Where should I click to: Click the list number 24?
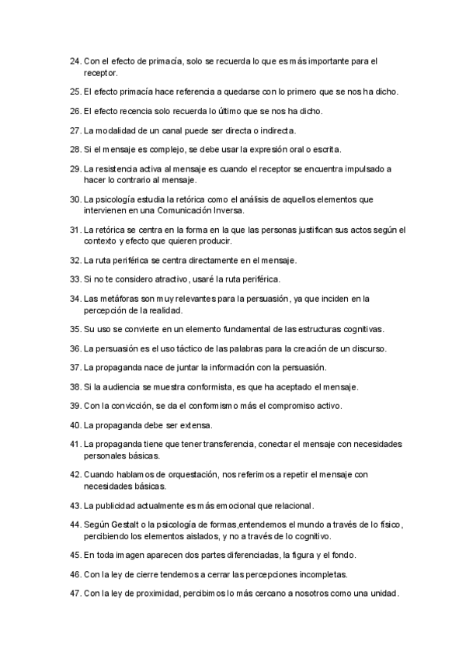click(x=75, y=61)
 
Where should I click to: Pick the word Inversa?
click(x=225, y=210)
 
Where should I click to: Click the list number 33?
click(x=75, y=279)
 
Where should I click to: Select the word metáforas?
click(x=121, y=298)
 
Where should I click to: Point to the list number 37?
click(x=75, y=367)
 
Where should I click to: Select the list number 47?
click(x=75, y=594)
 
